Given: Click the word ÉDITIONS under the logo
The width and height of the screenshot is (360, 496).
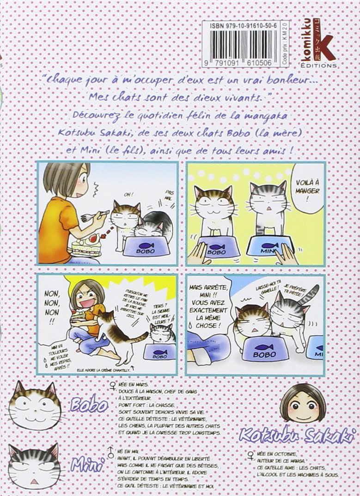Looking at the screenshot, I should coord(322,66).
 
